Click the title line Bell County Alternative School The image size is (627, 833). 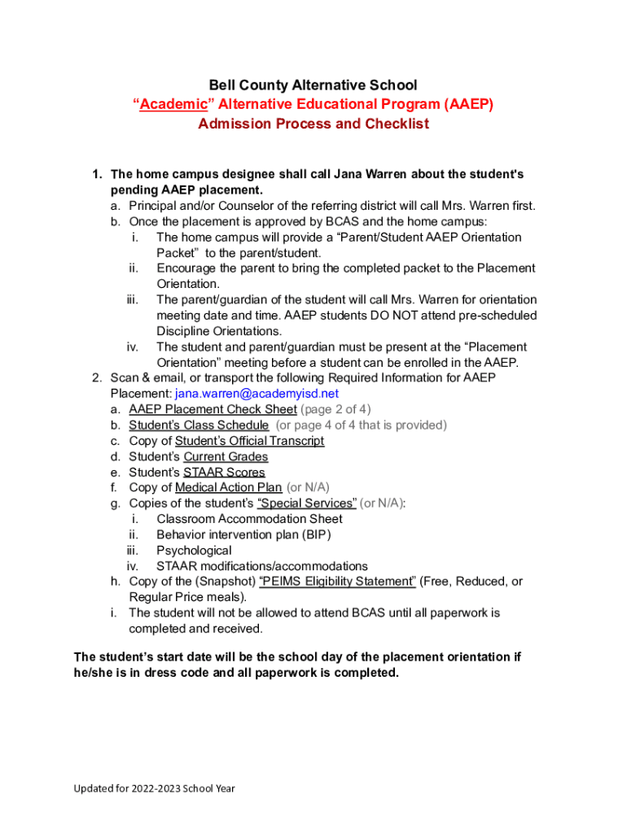(x=313, y=85)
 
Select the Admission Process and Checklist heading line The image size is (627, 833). (x=313, y=124)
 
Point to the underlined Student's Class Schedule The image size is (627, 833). (x=199, y=425)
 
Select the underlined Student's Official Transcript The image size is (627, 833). (x=249, y=441)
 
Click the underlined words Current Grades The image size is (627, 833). (x=226, y=456)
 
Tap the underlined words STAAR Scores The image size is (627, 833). (x=224, y=472)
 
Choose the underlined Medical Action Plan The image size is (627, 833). (x=228, y=487)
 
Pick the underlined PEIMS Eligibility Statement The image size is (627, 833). (x=337, y=582)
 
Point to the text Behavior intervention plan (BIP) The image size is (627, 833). (x=243, y=534)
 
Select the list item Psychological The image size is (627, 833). (x=194, y=550)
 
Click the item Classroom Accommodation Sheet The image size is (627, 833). (x=249, y=519)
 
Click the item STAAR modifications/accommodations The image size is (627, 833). (x=262, y=566)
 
